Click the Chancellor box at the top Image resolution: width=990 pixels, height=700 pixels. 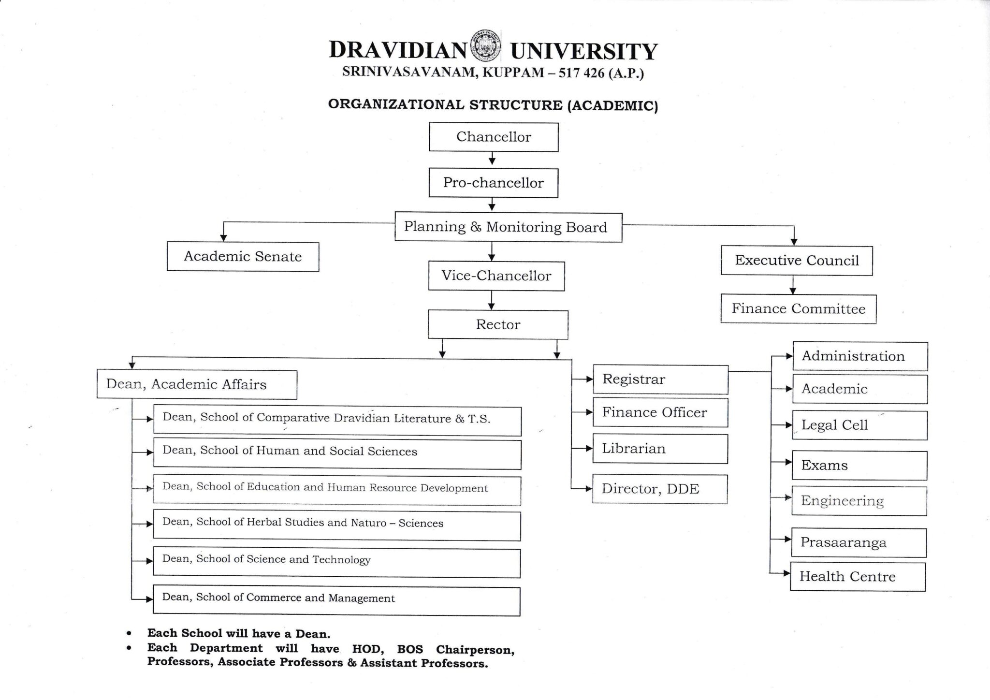click(494, 137)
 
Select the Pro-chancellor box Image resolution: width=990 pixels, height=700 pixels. click(493, 183)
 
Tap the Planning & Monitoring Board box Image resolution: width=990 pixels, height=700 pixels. click(508, 227)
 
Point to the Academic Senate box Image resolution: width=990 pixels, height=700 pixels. click(243, 257)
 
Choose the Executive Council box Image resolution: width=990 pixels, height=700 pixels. click(797, 261)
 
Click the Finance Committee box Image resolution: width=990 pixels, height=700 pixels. click(798, 309)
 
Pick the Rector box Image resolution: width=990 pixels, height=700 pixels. click(498, 324)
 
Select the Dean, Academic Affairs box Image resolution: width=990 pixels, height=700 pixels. click(197, 384)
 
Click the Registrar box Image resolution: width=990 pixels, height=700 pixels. click(660, 379)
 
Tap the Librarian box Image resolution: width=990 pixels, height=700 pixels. click(660, 449)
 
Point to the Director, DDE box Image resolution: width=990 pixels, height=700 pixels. click(660, 489)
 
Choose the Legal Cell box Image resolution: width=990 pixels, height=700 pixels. click(859, 425)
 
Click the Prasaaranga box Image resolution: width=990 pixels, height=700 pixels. click(859, 542)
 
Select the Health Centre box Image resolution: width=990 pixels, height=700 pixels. click(858, 576)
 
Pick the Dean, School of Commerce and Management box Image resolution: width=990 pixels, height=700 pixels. click(336, 601)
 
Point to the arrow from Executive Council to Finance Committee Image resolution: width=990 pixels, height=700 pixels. click(793, 285)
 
